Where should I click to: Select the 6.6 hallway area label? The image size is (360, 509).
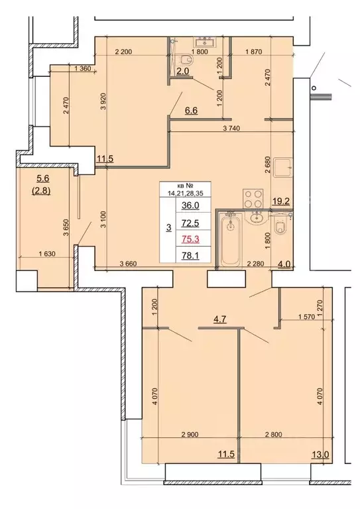(190, 112)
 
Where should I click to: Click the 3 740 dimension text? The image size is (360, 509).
(236, 129)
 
